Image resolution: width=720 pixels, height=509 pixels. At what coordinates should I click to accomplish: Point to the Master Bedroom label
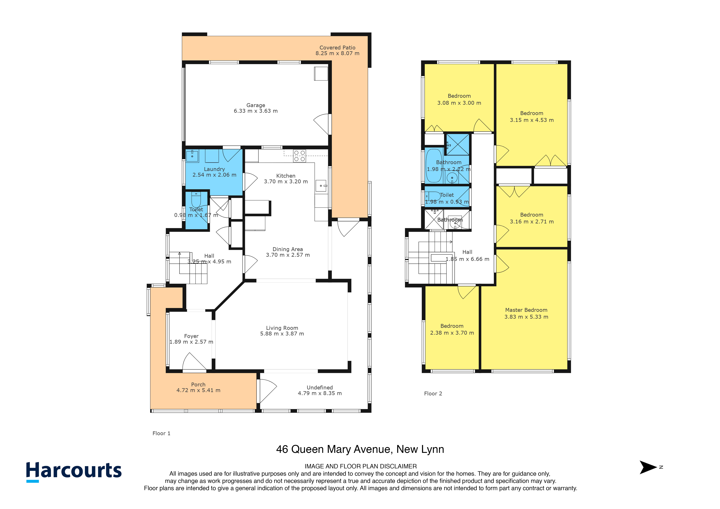pos(526,310)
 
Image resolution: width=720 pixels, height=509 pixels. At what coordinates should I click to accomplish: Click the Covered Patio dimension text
pos(337,53)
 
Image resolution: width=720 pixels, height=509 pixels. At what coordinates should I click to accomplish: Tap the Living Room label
pos(282,328)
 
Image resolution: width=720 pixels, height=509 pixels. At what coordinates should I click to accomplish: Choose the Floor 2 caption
pos(433,394)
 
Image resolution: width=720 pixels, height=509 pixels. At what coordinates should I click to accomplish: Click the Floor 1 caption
pos(162,433)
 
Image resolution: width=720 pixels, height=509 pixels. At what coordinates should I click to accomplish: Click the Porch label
pos(198,385)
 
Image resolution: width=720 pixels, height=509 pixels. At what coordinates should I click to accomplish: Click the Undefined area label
pos(320,388)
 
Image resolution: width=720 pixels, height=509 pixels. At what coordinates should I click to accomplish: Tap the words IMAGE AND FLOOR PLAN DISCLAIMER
pos(361,466)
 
